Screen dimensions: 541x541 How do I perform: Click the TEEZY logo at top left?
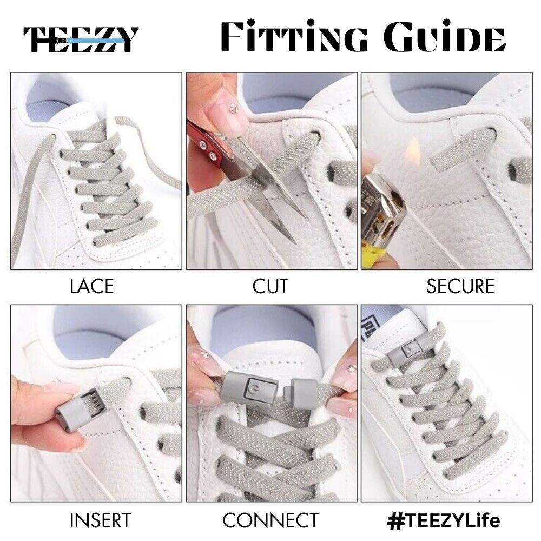coord(81,39)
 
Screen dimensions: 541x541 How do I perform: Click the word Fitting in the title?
coord(294,36)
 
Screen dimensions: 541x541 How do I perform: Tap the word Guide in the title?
coord(445,37)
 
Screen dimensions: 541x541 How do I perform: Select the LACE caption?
coord(92,286)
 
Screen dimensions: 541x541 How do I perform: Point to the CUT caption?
coord(270,286)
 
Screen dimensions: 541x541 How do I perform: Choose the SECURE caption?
coord(460,286)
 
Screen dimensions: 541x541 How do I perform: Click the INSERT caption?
coord(100,520)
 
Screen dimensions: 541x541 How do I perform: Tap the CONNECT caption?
coord(270,520)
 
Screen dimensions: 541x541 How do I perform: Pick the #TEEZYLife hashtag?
coord(444,520)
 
